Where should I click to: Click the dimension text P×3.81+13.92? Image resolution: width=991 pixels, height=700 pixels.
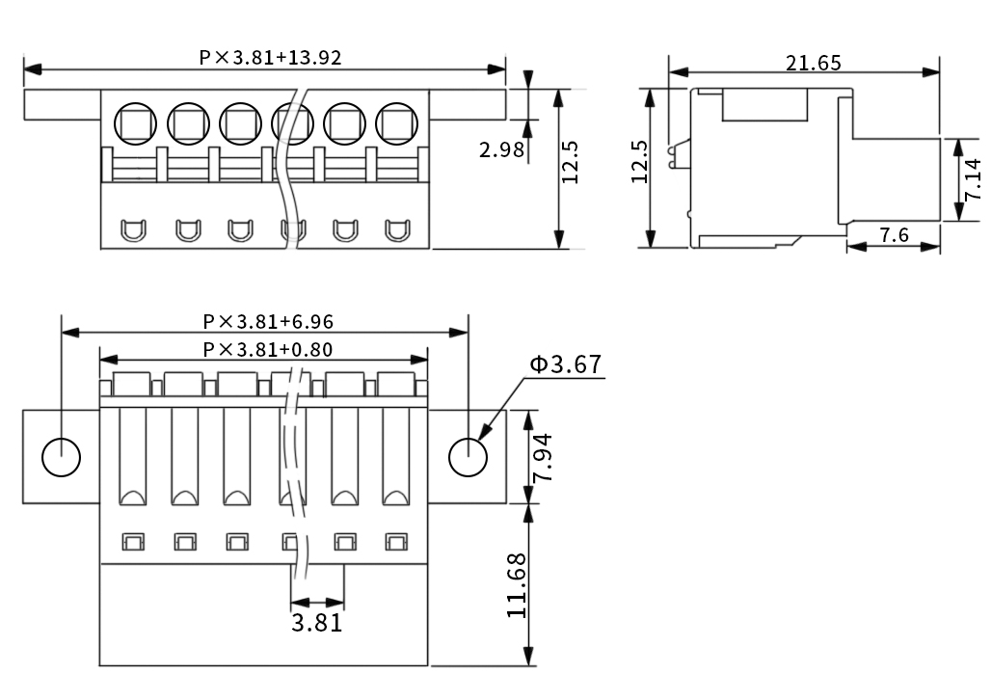point(270,57)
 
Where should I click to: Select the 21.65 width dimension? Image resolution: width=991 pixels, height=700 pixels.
point(813,64)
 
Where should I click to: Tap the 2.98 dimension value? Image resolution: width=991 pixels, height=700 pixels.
point(501,149)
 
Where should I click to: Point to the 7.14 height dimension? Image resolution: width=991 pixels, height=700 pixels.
point(973,179)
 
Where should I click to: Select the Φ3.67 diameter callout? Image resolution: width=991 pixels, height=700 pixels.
point(565,364)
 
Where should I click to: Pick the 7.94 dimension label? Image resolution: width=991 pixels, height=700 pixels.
point(544,457)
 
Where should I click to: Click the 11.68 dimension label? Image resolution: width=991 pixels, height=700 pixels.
point(517,585)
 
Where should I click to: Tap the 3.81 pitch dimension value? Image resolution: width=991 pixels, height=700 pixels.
point(316,622)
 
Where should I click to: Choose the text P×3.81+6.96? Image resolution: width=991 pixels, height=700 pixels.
point(268,321)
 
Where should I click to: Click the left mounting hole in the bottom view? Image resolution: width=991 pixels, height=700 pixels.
point(62,456)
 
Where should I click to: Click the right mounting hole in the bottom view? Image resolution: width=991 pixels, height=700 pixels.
point(469,456)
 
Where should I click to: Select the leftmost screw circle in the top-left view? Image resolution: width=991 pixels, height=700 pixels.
point(132,122)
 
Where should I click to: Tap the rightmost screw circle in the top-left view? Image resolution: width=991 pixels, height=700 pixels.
point(394,122)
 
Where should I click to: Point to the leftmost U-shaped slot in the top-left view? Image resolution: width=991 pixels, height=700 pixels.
point(132,230)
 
